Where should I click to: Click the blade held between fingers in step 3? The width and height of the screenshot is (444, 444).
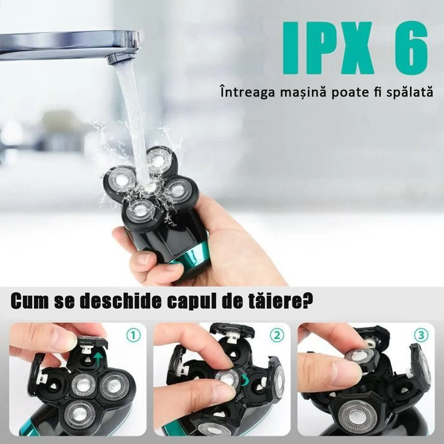(360, 356)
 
